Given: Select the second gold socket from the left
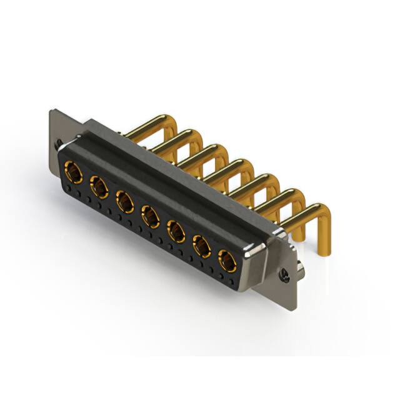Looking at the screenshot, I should (99, 186).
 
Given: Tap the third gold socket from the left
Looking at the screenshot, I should (125, 201).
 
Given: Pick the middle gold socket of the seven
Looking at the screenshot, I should (150, 216).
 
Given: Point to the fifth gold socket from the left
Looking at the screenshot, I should (176, 231).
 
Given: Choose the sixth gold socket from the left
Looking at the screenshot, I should (202, 246).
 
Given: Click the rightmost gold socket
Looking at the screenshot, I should (227, 260).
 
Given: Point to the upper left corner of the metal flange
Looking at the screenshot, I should (52, 111).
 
